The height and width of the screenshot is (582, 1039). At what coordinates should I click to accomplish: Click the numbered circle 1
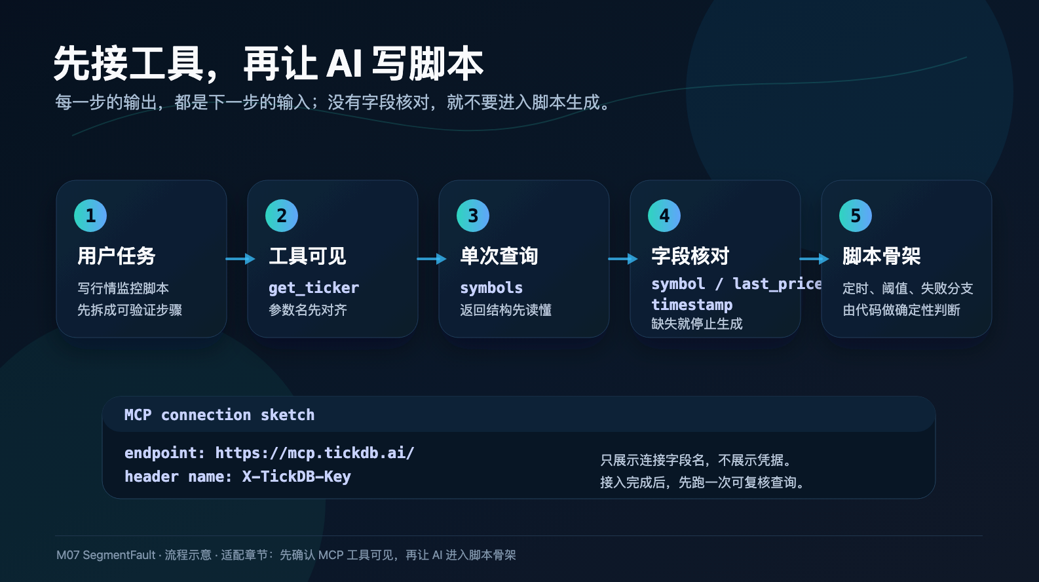[90, 216]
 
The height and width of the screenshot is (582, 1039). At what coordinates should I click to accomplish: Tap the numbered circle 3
[473, 216]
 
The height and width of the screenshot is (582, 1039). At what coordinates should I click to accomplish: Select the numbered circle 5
[856, 216]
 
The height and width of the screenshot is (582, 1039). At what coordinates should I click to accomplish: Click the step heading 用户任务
[117, 256]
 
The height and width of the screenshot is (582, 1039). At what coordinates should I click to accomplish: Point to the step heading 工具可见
[307, 256]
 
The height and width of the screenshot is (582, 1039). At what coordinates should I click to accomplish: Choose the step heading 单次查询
[499, 256]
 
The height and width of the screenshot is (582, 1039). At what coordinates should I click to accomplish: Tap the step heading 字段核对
[690, 256]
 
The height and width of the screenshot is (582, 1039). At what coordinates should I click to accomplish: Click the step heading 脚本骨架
[881, 256]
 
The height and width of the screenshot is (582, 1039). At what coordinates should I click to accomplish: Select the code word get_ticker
[314, 288]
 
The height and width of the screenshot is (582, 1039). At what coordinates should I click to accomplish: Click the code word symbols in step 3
[491, 288]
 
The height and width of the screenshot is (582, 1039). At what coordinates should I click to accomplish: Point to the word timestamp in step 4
[692, 305]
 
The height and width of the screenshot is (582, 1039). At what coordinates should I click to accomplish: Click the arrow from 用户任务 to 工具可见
[240, 258]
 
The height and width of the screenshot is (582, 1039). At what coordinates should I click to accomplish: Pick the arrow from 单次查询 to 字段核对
[623, 258]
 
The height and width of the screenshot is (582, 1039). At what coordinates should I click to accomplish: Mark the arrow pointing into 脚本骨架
[814, 258]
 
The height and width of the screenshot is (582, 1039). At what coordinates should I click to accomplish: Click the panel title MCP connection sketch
[219, 414]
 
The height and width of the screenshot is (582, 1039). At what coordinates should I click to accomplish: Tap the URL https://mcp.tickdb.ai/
[315, 453]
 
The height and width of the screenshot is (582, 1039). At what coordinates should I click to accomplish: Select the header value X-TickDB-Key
[296, 476]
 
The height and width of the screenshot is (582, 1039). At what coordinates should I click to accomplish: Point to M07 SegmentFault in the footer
[105, 555]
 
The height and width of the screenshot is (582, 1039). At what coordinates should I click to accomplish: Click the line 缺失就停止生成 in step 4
[696, 324]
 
